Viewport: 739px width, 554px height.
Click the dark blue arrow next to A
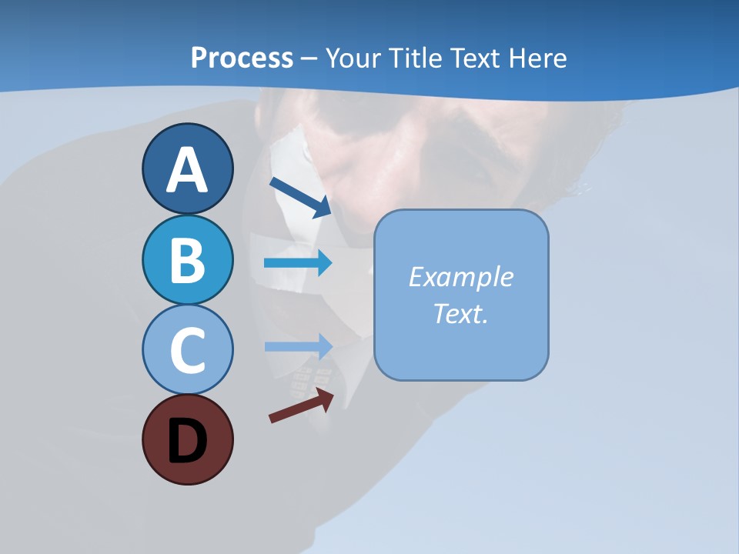coord(300,197)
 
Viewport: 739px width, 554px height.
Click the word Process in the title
coord(242,58)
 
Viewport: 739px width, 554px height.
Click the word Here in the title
coord(538,58)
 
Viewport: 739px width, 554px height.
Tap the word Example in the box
coord(460,277)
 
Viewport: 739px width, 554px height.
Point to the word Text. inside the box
coord(460,313)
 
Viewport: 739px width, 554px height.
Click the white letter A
coord(187,171)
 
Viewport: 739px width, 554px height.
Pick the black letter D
coord(187,441)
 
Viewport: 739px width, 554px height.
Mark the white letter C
coord(187,351)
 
